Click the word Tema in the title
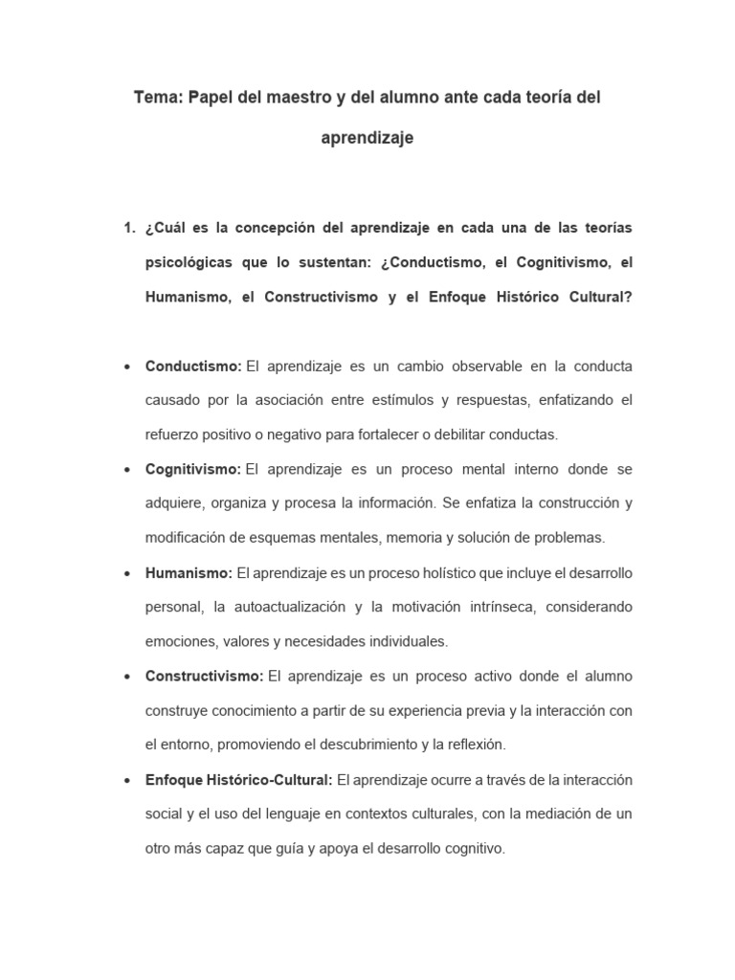pos(156,98)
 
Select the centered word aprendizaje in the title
pos(367,139)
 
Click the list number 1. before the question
pos(130,228)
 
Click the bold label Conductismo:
pos(193,367)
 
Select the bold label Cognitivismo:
pos(193,470)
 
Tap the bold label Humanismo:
pos(189,573)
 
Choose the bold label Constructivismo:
pos(204,677)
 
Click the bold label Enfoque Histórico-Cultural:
pos(238,780)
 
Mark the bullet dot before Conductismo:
pos(128,367)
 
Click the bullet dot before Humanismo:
pos(128,574)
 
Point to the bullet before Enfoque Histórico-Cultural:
pos(128,781)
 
